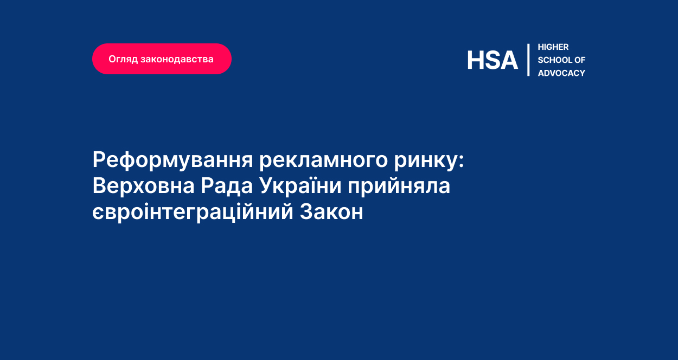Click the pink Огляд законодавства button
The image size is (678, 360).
point(162,59)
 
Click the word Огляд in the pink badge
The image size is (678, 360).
point(123,59)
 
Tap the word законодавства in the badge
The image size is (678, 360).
point(177,59)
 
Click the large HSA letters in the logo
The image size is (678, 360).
point(492,60)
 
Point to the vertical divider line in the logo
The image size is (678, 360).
point(528,60)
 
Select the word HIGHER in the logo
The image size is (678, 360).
point(553,47)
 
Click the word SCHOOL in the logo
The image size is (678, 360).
point(555,60)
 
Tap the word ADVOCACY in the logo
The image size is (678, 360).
point(561,73)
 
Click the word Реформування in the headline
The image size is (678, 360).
point(172,160)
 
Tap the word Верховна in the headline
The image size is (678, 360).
point(143,187)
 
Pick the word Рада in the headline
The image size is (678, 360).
point(226,187)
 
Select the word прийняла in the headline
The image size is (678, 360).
point(399,187)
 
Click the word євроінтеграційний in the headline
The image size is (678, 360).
point(193,212)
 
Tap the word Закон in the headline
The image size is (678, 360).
point(331,212)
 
